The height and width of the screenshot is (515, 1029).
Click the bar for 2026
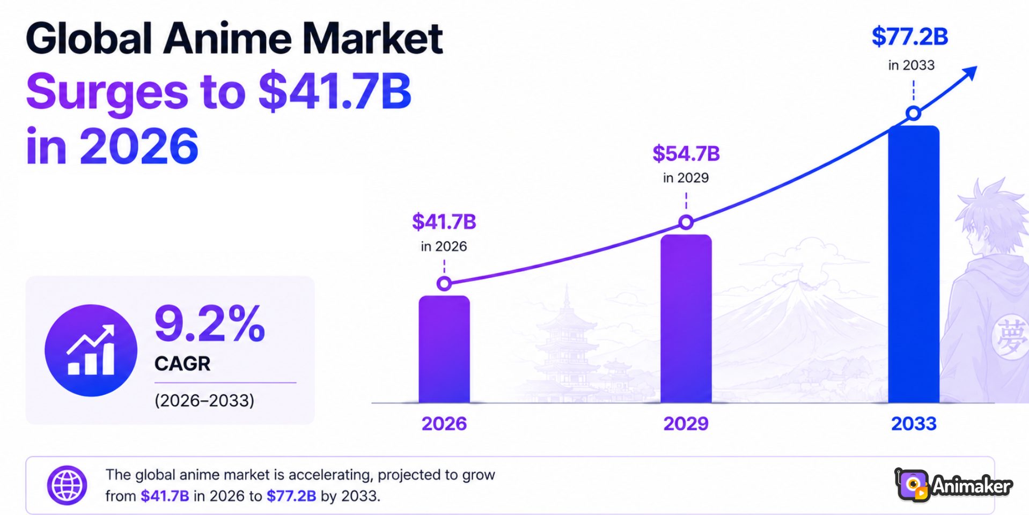point(444,349)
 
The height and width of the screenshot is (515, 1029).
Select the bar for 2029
point(686,319)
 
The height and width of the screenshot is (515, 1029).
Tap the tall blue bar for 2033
point(914,264)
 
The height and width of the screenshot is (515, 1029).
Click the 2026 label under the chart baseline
point(444,424)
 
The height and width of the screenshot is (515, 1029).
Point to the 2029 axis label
point(686,424)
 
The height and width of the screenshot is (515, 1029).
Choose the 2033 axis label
point(914,424)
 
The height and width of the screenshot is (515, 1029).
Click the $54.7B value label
point(686,154)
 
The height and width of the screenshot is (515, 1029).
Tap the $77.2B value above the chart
point(910,37)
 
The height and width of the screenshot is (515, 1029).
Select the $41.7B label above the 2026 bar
point(444,222)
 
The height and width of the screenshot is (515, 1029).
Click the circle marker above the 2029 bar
point(686,222)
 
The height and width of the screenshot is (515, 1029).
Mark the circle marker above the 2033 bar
point(914,113)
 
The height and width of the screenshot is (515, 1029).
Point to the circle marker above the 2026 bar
point(444,283)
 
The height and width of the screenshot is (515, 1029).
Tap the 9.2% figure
point(210,323)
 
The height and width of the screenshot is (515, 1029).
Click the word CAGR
point(182,364)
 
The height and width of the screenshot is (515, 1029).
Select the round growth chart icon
point(91,350)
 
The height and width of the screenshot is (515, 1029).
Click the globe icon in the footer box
point(67,485)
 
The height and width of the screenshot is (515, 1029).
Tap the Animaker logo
point(953,485)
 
